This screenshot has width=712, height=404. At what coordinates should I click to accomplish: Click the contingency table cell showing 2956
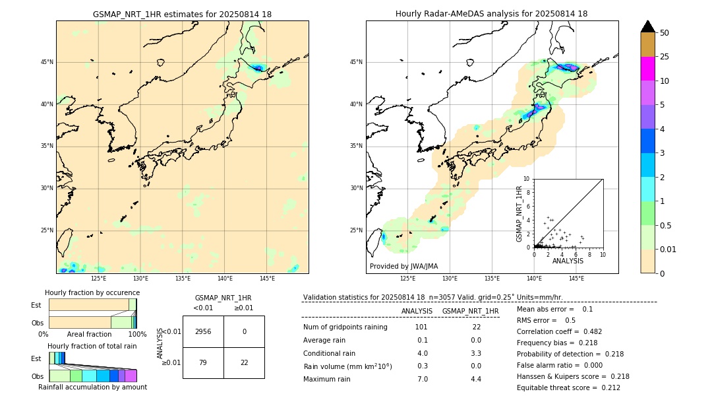point(203,331)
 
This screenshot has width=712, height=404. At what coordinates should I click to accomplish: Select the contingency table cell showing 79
point(203,362)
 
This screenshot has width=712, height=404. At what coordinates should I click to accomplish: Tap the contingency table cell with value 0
point(244,331)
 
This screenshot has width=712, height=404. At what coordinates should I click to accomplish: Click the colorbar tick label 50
point(665,32)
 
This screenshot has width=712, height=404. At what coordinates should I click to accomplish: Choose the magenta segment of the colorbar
point(647,69)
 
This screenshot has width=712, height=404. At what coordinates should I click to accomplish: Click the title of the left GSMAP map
point(182,14)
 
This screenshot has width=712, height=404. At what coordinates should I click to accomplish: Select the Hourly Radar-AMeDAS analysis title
point(491,14)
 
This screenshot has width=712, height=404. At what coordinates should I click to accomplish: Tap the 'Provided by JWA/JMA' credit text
point(403,267)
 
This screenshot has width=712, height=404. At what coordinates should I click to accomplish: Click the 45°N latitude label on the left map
point(47,62)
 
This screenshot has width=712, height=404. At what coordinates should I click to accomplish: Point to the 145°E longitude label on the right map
point(576,279)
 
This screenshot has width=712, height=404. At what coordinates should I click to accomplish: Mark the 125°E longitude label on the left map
point(98,279)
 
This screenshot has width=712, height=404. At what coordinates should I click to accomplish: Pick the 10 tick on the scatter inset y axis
point(526,179)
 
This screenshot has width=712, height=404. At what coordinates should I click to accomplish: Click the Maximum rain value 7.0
point(423,379)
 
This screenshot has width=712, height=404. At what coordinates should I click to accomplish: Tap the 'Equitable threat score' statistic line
point(568,387)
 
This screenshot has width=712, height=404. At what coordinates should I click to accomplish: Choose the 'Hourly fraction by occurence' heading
point(92,292)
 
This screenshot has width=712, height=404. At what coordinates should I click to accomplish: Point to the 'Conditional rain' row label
point(330,353)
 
